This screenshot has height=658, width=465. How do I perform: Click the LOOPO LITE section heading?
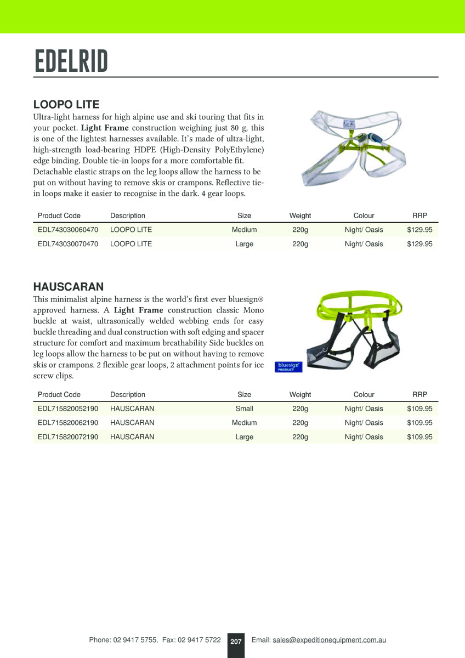pos(66,104)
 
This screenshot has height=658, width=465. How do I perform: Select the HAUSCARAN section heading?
pos(69,286)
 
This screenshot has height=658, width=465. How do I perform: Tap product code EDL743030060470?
pos(68,230)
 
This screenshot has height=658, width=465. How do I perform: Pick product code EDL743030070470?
pos(68,244)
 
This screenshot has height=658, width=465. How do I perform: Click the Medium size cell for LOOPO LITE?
pos(244,230)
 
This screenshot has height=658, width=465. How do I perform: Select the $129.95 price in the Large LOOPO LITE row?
pos(419,244)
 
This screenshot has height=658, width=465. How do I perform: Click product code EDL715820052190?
pos(68,409)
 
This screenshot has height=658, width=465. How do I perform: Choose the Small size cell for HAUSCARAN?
pos(244,409)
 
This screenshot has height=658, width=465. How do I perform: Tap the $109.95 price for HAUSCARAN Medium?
pos(419,423)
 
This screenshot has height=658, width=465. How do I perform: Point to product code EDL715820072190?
pos(68,437)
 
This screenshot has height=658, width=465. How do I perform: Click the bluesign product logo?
pos(288,366)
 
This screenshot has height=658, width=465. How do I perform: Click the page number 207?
pos(236,641)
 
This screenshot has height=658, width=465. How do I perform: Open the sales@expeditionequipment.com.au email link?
pos(329,640)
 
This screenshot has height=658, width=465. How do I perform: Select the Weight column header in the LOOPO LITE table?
pos(300,215)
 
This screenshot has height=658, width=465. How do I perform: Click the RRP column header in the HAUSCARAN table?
pos(419,394)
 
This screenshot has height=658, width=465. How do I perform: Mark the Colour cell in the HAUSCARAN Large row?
pos(364,437)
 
